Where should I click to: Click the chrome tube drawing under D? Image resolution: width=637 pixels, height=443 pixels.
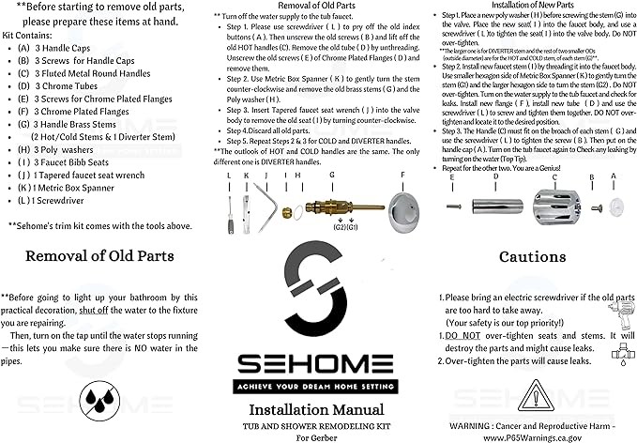click(x=495, y=204)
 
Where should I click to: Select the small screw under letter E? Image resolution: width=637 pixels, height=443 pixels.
click(x=453, y=206)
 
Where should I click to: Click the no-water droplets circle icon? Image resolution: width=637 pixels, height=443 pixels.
click(x=99, y=398)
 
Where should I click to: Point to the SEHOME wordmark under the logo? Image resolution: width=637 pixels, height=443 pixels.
click(x=318, y=362)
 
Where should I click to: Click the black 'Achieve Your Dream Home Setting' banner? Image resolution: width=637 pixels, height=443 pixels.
click(x=318, y=384)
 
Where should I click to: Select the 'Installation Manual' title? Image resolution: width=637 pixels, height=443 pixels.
click(x=318, y=409)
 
